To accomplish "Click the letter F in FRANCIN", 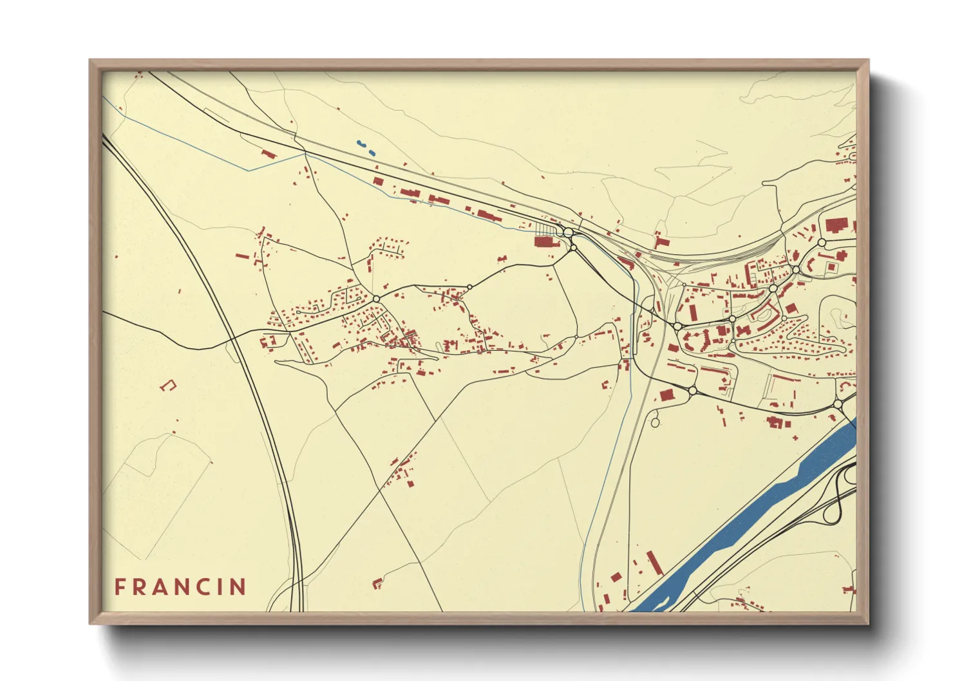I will click(120, 587).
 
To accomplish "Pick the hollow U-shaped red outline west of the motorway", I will click(169, 386).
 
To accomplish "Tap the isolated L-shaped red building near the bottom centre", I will click(377, 583).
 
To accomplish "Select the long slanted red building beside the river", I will click(654, 563).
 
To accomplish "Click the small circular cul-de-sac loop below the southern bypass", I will click(655, 423).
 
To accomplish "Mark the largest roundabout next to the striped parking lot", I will click(568, 232).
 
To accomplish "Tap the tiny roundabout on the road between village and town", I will click(470, 287).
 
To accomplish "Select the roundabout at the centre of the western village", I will click(376, 299).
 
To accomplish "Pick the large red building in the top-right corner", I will click(836, 225).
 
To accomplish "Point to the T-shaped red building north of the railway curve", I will click(661, 241).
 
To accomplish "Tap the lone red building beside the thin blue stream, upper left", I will click(269, 154).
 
